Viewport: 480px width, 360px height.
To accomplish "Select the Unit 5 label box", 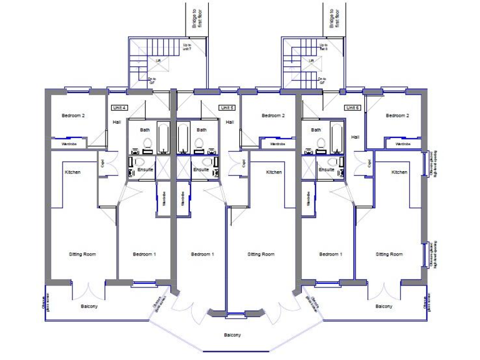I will point(226,107).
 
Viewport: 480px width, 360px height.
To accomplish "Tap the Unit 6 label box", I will point(352,107).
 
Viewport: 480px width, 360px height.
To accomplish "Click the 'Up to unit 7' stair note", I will point(187,47).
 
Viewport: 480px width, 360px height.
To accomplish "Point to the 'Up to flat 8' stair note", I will point(323,47).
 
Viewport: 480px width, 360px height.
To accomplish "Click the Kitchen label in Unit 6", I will point(399,172).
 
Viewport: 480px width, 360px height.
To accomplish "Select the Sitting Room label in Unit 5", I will point(261,254).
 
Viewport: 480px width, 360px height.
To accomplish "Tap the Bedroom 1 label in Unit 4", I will point(144,254).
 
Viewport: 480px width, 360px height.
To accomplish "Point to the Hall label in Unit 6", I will point(355,137).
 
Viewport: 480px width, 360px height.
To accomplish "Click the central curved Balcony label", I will point(232,335).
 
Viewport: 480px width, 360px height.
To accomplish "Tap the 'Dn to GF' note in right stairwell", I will point(323,81).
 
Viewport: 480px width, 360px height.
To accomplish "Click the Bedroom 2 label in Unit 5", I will point(273,116).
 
